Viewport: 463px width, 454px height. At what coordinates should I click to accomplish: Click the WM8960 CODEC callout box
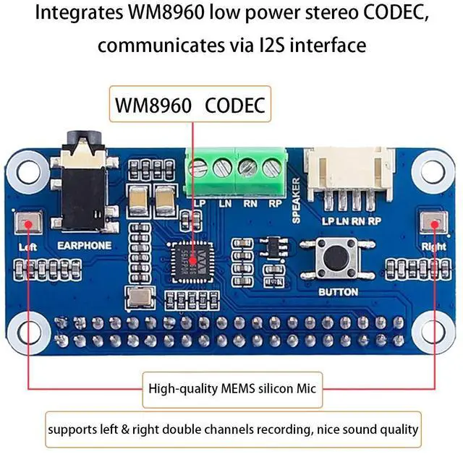(190, 106)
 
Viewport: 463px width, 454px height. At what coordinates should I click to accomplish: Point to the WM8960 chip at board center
(189, 258)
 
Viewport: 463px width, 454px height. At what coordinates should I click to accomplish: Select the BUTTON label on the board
(338, 292)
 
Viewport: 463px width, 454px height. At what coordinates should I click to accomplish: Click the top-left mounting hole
(29, 172)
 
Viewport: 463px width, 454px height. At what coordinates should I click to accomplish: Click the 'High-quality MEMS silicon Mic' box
(231, 387)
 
